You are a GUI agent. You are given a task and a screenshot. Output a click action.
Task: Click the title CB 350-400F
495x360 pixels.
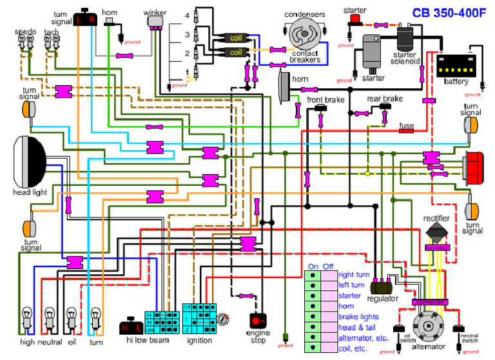445,11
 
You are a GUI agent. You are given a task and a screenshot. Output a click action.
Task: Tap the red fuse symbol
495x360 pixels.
406,131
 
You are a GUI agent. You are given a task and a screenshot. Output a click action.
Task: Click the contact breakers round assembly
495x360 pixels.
304,32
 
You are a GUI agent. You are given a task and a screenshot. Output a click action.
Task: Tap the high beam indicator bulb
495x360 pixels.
28,319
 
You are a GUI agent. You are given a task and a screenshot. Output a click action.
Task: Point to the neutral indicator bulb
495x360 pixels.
50,319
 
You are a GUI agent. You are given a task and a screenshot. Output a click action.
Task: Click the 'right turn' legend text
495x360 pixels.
354,274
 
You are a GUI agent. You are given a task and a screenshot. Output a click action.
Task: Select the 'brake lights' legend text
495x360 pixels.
358,317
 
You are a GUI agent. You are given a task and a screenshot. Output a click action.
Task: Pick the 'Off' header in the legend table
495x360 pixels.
329,265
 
